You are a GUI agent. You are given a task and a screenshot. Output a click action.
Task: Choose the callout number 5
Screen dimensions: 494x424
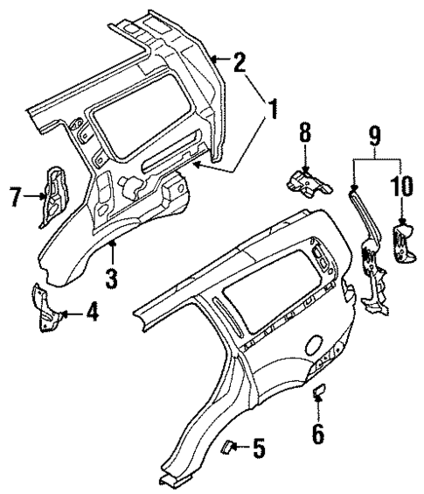258,451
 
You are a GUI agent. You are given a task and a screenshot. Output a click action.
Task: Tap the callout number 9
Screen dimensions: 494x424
374,136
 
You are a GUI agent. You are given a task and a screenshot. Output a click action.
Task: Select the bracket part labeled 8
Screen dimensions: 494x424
306,181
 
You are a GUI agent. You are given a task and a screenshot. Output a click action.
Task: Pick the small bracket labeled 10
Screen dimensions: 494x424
403,241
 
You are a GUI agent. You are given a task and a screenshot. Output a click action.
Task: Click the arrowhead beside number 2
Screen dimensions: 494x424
215,60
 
